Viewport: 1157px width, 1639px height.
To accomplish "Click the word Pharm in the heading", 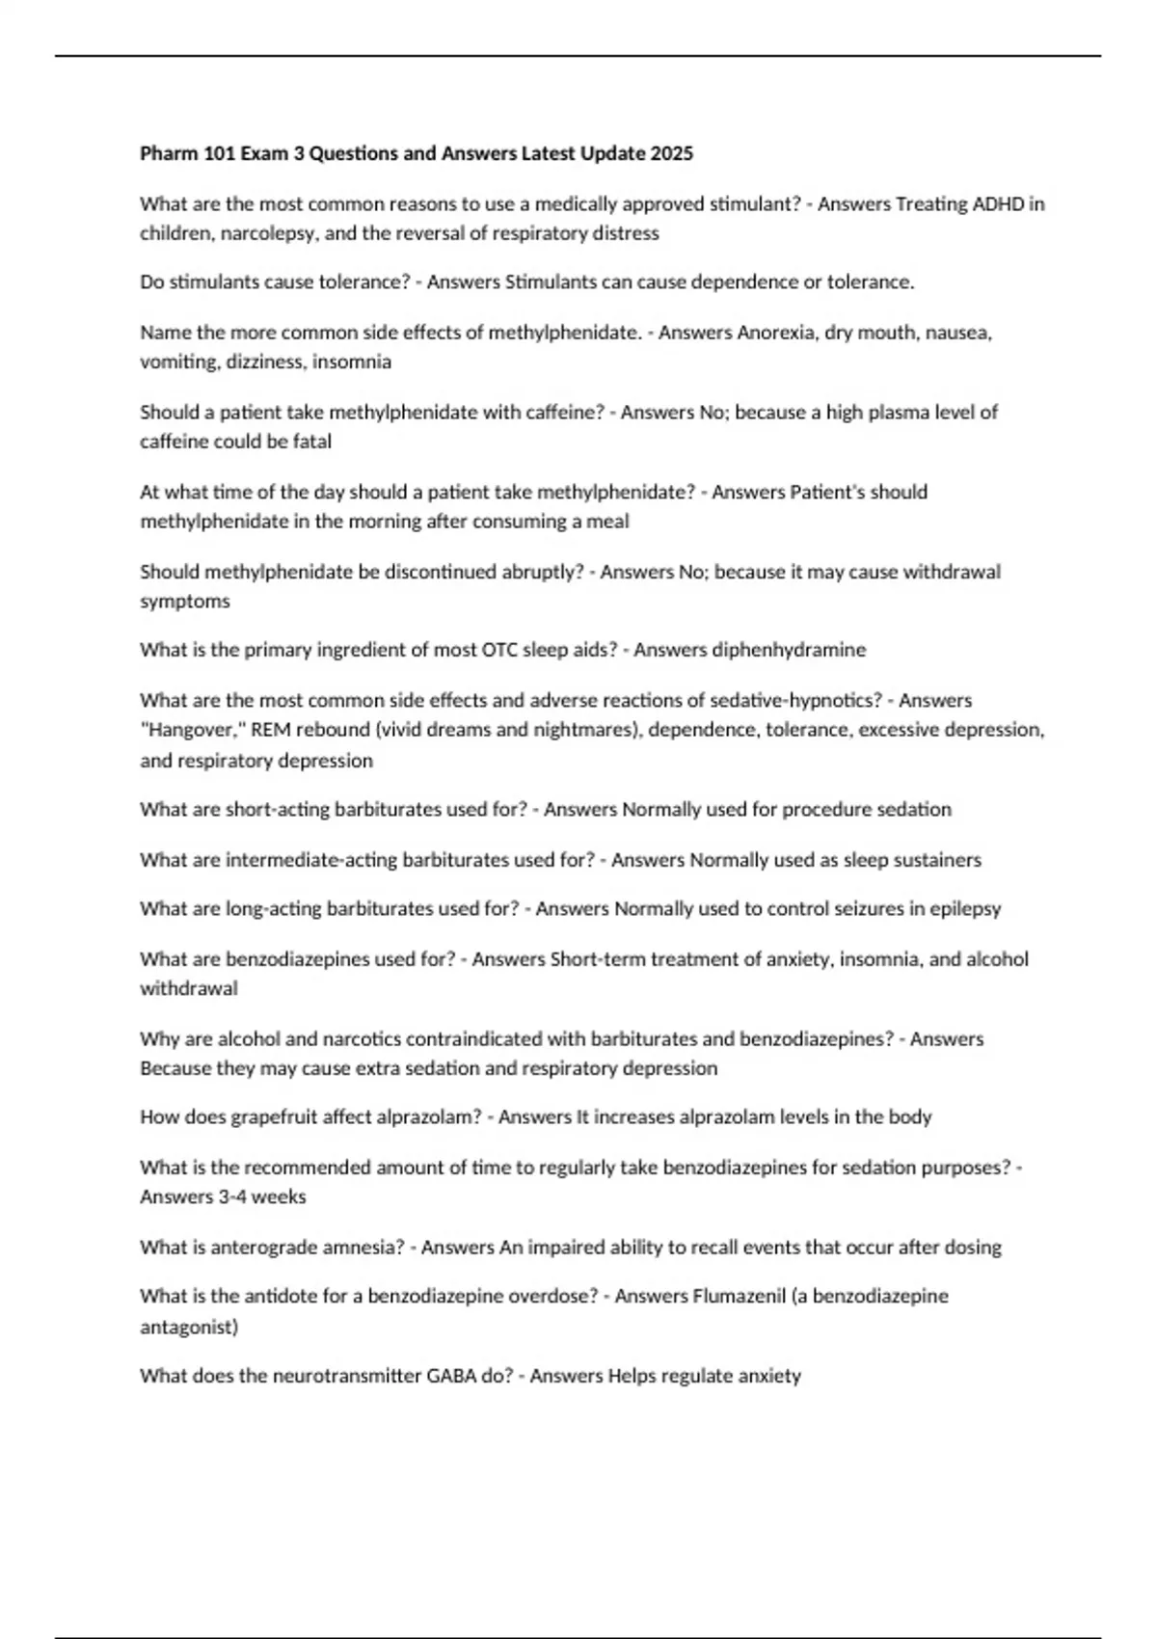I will coord(170,153).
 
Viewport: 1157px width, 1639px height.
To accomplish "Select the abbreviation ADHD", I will coord(999,203).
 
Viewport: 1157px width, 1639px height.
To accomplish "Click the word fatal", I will coord(312,442).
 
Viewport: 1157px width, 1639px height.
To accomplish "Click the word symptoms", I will coord(185,602).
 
